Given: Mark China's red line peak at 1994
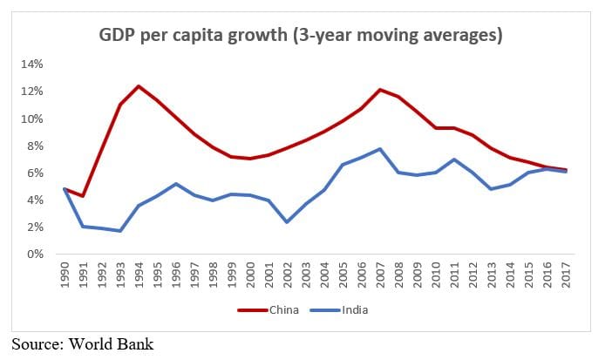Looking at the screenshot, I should coord(138,86).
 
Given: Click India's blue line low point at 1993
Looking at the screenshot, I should coord(119,231).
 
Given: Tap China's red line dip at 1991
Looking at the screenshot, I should coord(82,196).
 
